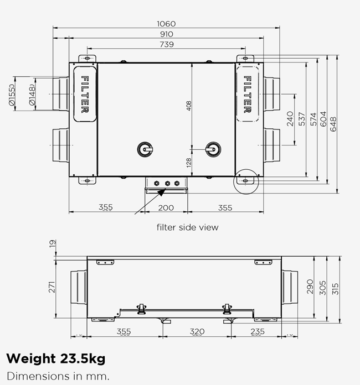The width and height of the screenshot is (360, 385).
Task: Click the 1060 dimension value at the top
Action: pyautogui.click(x=166, y=24)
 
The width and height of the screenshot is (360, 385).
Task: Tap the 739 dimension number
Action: pyautogui.click(x=166, y=44)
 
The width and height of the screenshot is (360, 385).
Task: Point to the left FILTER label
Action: pyautogui.click(x=85, y=94)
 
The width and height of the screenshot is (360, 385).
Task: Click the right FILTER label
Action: pyautogui.click(x=248, y=94)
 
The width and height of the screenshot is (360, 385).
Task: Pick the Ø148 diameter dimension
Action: pyautogui.click(x=33, y=95)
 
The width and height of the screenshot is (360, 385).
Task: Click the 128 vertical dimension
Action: pyautogui.click(x=188, y=163)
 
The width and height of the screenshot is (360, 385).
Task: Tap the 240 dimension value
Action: pyautogui.click(x=290, y=119)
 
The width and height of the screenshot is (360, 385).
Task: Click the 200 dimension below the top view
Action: pyautogui.click(x=166, y=207)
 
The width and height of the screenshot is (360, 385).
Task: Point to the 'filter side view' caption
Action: pyautogui.click(x=187, y=227)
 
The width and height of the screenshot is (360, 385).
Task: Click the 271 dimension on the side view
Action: pyautogui.click(x=53, y=287)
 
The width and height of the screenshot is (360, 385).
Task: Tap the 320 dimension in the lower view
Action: pyautogui.click(x=197, y=331)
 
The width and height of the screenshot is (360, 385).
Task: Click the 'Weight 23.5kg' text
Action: pyautogui.click(x=55, y=358)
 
